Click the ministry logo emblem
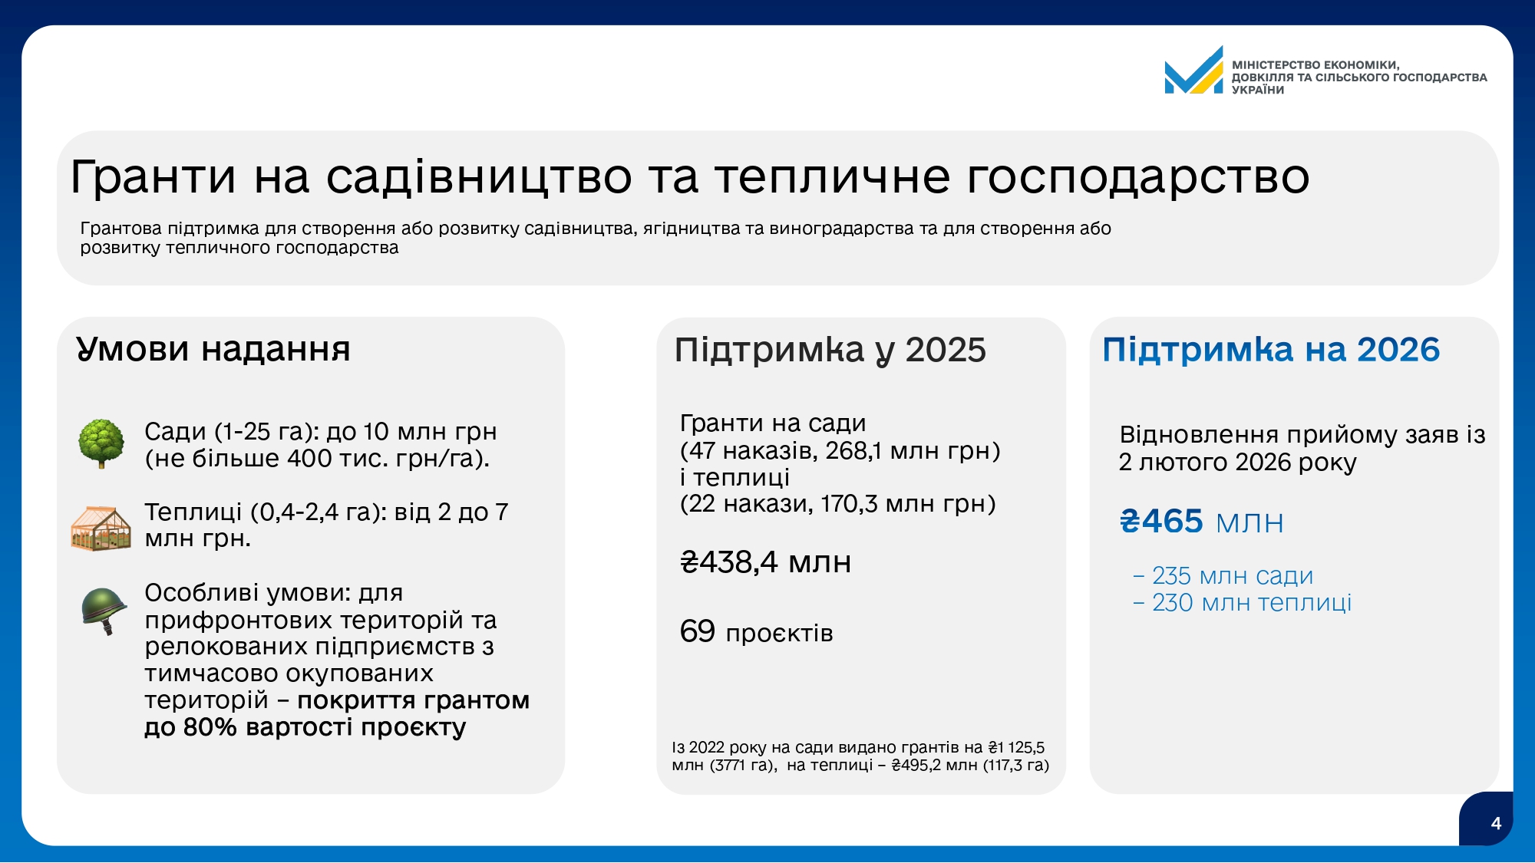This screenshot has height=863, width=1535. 1193,70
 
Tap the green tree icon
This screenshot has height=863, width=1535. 101,443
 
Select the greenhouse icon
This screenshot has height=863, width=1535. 101,528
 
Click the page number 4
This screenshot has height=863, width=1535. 1496,823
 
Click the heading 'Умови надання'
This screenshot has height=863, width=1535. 213,349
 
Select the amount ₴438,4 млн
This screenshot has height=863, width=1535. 766,562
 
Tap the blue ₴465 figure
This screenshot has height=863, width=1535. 1161,522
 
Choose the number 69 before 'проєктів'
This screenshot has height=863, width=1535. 698,631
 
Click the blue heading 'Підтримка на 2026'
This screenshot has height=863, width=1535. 1271,350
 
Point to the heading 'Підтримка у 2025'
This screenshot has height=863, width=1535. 830,351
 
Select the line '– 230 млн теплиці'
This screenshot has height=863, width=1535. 1242,602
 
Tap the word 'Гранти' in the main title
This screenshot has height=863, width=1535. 153,176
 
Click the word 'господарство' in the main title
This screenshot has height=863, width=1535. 1138,178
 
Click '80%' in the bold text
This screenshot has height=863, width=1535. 210,726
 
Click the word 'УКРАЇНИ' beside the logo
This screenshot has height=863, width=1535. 1258,90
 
